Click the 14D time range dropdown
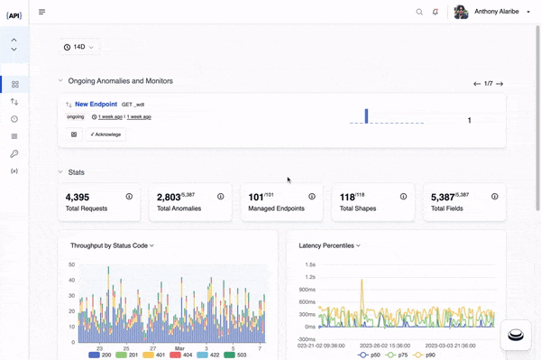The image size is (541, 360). pyautogui.click(x=79, y=47)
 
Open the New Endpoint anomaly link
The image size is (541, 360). pyautogui.click(x=95, y=104)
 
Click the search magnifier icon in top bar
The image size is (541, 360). pyautogui.click(x=418, y=12)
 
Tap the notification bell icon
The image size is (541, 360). pyautogui.click(x=436, y=12)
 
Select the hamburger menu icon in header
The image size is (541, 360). pyautogui.click(x=42, y=12)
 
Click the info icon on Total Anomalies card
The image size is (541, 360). pyautogui.click(x=221, y=196)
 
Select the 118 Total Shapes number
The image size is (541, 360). pyautogui.click(x=347, y=196)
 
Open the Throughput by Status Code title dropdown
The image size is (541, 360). pyautogui.click(x=112, y=245)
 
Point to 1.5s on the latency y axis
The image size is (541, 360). pyautogui.click(x=309, y=264)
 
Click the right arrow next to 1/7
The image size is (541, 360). pyautogui.click(x=500, y=84)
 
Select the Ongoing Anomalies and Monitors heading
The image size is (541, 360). pyautogui.click(x=120, y=81)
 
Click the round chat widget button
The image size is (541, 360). pyautogui.click(x=515, y=335)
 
